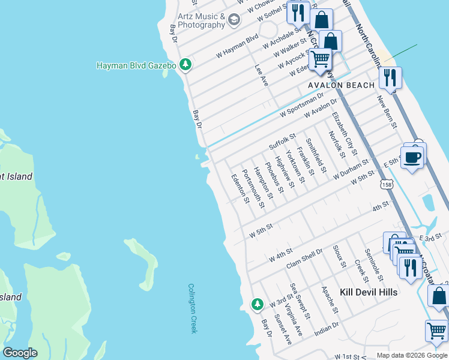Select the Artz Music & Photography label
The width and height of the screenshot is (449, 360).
click(x=201, y=21)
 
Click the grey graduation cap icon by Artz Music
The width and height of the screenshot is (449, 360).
click(x=234, y=21)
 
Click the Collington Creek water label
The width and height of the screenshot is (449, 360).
click(x=192, y=308)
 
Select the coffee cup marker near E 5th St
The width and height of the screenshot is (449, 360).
click(x=412, y=158)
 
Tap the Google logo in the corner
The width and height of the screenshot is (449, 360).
click(x=20, y=353)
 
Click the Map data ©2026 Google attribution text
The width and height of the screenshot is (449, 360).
click(x=412, y=355)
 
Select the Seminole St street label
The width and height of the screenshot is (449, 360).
click(x=374, y=265)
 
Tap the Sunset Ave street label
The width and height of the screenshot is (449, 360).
click(x=282, y=329)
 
